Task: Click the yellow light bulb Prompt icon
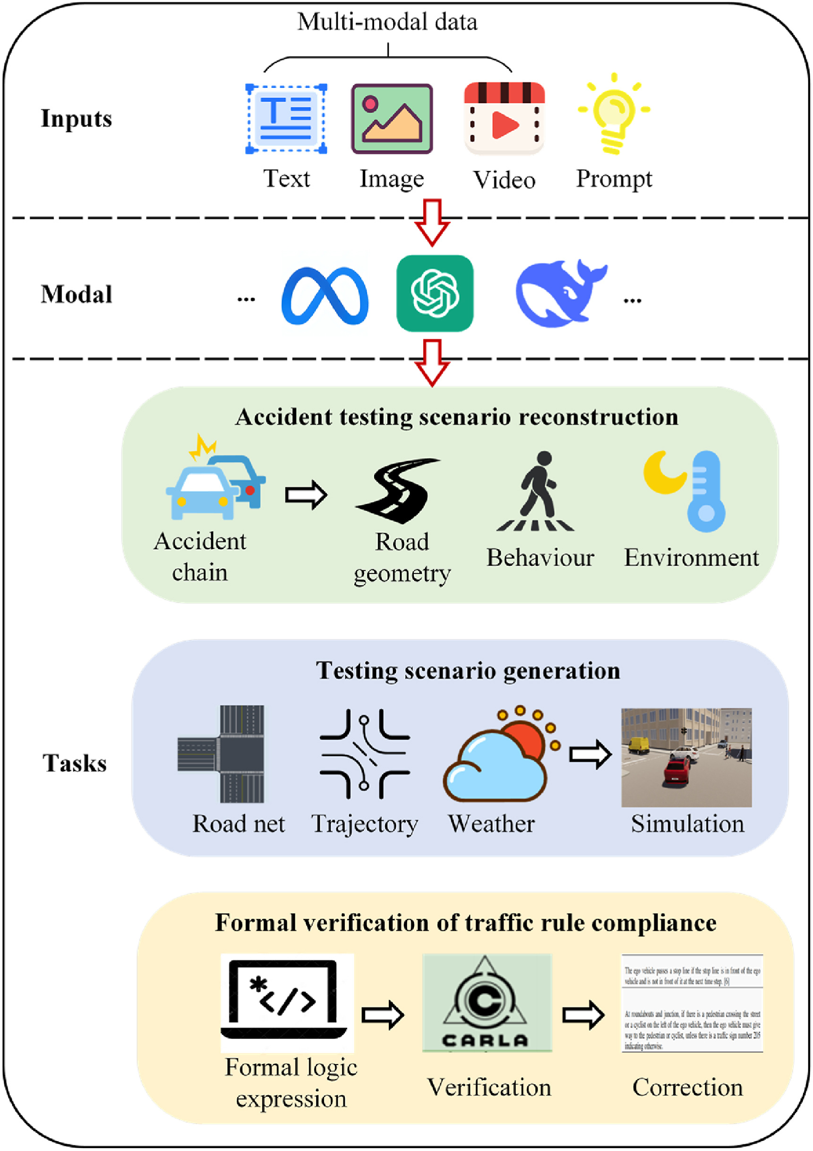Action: coord(614,114)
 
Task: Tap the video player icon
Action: coord(504,118)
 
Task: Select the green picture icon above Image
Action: coord(392,119)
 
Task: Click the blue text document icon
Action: coord(286,119)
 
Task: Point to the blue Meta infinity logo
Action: coord(325,295)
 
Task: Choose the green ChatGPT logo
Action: coord(435,293)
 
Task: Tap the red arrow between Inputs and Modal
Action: coord(432,222)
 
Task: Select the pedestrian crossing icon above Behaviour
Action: coord(536,491)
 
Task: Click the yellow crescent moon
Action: coord(663,473)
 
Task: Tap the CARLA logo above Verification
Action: coord(486,1003)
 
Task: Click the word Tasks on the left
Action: coord(75,763)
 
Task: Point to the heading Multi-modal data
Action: coord(387,22)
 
